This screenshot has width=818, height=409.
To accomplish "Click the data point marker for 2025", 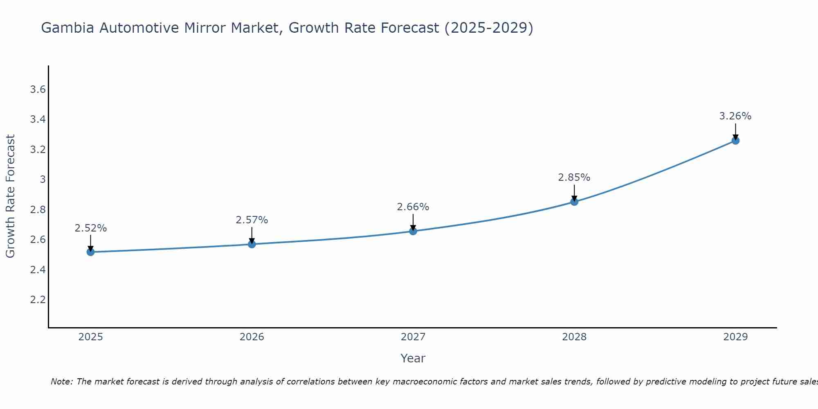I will [91, 252].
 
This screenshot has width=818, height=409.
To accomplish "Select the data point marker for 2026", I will [252, 244].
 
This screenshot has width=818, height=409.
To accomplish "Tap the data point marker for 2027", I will [413, 231].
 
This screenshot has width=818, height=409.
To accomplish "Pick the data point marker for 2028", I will [574, 202].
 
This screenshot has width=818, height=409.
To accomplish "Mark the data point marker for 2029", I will [735, 141].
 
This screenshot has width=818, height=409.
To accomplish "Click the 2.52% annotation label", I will [91, 228].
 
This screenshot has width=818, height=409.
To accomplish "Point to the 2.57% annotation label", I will [252, 220].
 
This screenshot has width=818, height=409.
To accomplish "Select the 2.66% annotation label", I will [413, 207].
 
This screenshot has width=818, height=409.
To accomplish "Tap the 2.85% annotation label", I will [574, 178].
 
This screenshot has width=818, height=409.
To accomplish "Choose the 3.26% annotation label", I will [735, 116].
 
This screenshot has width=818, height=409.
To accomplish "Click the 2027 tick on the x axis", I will [413, 337].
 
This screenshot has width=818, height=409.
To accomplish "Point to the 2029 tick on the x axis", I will [735, 337].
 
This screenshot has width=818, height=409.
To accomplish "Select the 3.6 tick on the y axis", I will [38, 90].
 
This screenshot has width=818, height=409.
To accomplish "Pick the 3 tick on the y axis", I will [43, 180].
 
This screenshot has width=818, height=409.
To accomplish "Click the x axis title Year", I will [413, 358].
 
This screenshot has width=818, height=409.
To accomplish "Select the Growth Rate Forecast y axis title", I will [10, 196].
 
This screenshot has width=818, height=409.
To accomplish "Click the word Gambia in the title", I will [68, 28].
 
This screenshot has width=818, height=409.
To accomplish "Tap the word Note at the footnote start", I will [61, 382].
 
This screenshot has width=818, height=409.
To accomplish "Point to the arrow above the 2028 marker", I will [574, 192].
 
